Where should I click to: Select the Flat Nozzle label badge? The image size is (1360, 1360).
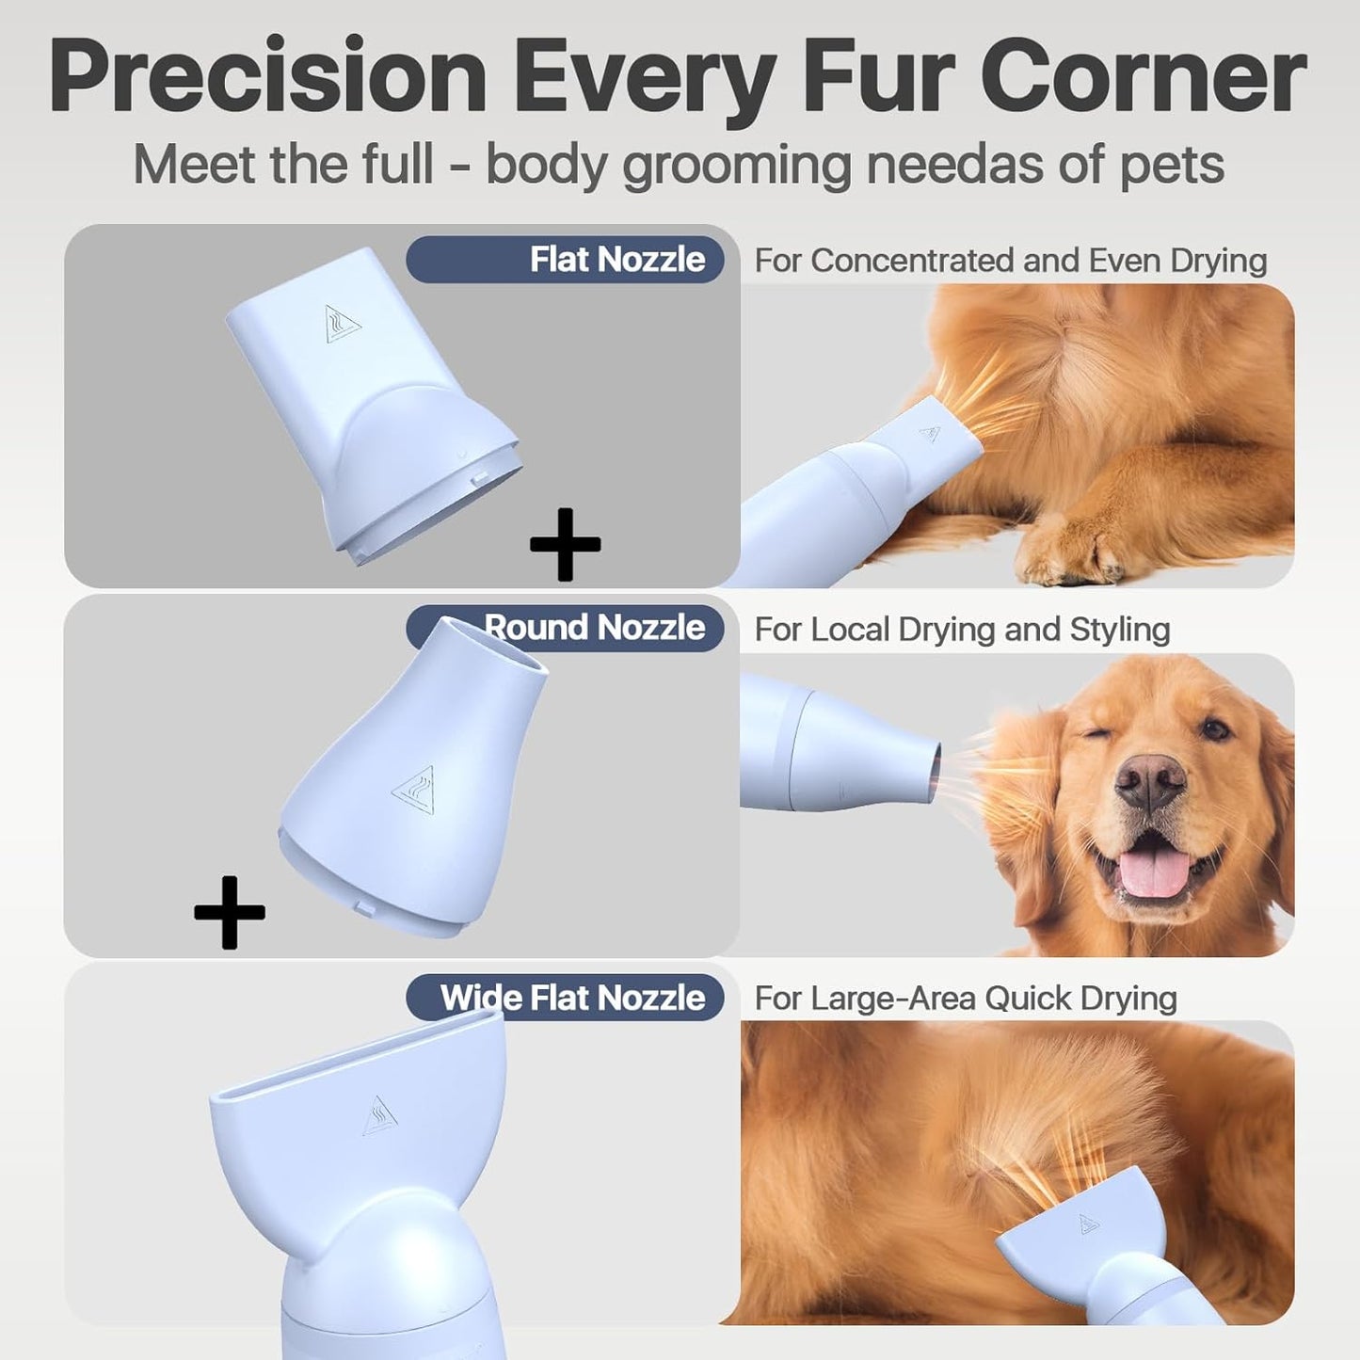(565, 260)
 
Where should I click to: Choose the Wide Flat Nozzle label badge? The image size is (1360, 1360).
(565, 998)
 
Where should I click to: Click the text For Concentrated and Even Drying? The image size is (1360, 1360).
(1010, 261)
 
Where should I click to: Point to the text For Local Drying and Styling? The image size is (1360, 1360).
(961, 630)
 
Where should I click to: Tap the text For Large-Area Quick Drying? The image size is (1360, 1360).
(965, 999)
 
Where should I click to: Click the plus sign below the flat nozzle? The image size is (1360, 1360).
(565, 544)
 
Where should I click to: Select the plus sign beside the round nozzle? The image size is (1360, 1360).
(230, 912)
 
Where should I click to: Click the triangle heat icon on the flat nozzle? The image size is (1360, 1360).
(342, 324)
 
